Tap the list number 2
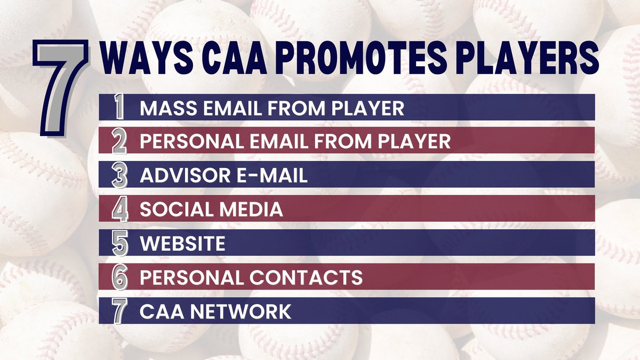120,141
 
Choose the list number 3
120,175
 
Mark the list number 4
120,210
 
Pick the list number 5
120,243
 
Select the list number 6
120,277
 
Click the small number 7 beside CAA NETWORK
120,311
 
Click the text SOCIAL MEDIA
211,210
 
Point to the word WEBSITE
182,244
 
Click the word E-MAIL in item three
271,175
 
